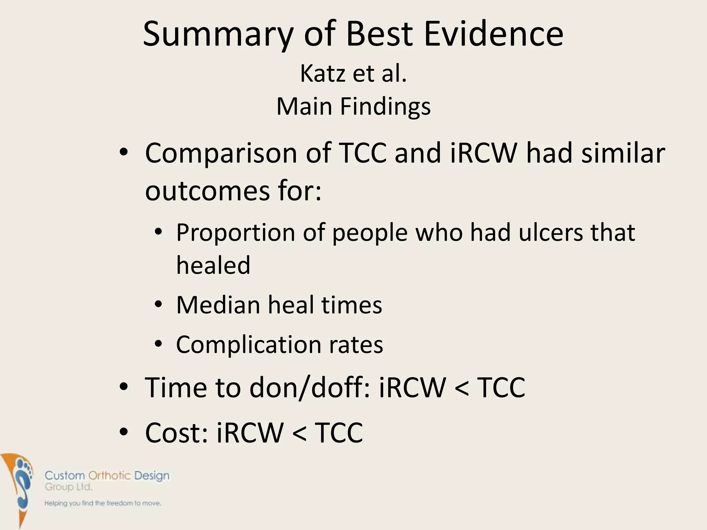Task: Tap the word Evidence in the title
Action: [x=493, y=34]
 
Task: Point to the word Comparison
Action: [x=221, y=153]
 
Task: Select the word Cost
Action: [x=176, y=433]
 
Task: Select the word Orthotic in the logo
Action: [x=109, y=476]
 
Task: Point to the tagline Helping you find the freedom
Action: [x=103, y=503]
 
